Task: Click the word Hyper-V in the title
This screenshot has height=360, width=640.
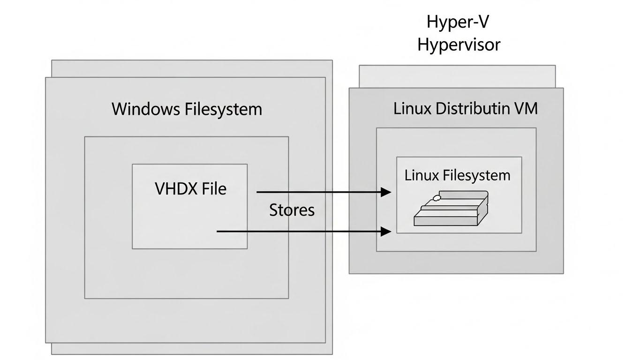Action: point(458,22)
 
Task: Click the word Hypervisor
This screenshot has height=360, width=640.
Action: point(459,45)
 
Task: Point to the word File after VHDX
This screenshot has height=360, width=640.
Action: point(214,189)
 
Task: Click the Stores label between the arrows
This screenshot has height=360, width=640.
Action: point(292,210)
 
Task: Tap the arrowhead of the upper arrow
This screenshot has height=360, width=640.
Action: point(386,192)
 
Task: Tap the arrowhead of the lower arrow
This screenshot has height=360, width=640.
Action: point(386,231)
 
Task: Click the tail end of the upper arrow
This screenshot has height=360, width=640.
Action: point(258,192)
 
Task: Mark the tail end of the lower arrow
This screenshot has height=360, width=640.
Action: point(218,231)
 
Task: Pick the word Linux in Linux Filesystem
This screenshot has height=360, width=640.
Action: point(421,175)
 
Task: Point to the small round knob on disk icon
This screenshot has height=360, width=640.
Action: point(436,198)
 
